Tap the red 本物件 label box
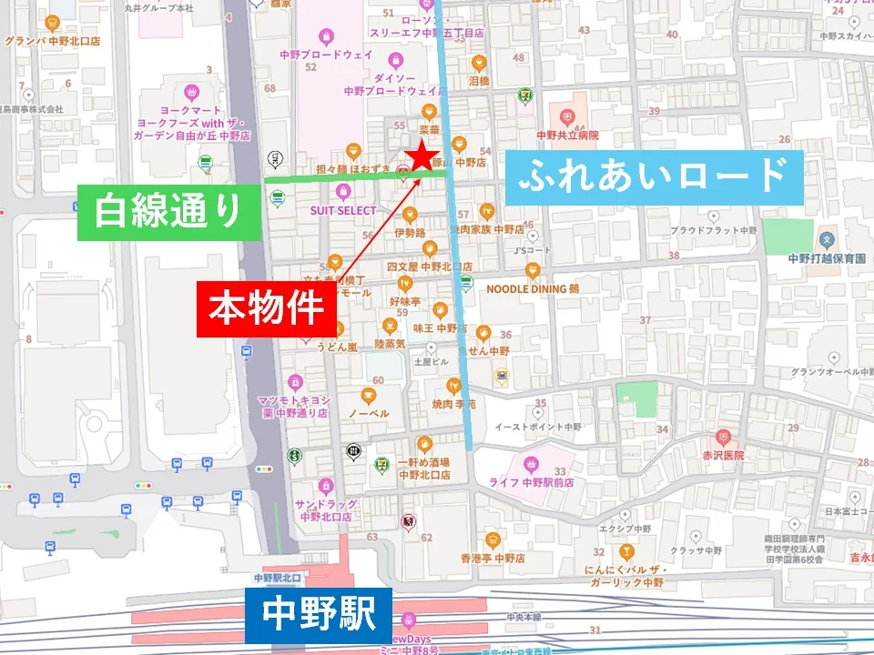pyautogui.click(x=267, y=309)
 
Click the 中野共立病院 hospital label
pyautogui.click(x=567, y=135)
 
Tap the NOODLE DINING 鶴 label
pyautogui.click(x=533, y=288)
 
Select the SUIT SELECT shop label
pyautogui.click(x=342, y=210)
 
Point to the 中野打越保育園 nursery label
pyautogui.click(x=827, y=258)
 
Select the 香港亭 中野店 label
pyautogui.click(x=493, y=557)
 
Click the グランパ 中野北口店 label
pyautogui.click(x=52, y=41)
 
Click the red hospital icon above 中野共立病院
pyautogui.click(x=567, y=116)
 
